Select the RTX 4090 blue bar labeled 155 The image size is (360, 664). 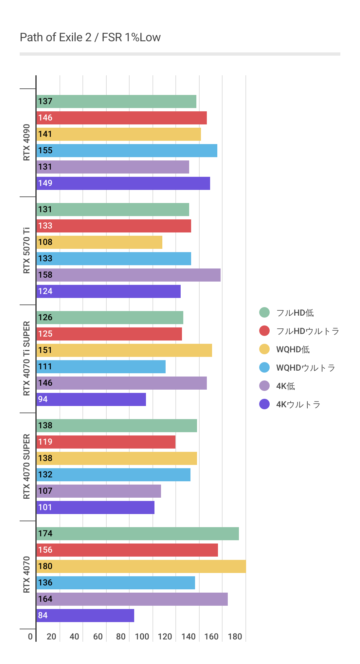(127, 151)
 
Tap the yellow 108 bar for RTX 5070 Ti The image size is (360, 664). (99, 242)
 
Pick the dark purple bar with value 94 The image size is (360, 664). (91, 399)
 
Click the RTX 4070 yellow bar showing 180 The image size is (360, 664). (141, 566)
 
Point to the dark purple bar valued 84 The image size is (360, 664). (85, 616)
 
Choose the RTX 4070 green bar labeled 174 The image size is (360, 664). (138, 534)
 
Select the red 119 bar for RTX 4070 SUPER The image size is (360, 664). (106, 442)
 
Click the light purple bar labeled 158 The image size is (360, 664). (129, 275)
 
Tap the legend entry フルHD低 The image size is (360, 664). (295, 313)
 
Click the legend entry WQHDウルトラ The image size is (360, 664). (305, 368)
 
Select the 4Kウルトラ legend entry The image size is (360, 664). (298, 404)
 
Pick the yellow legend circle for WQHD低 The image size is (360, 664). (264, 349)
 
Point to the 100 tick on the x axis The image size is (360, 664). (142, 636)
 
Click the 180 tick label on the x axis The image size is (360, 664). (235, 636)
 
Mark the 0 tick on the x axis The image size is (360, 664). (30, 636)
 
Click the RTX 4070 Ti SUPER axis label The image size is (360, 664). (27, 359)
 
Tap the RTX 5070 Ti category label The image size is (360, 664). (27, 250)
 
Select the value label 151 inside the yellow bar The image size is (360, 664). (45, 350)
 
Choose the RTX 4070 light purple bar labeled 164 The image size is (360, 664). (132, 599)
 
